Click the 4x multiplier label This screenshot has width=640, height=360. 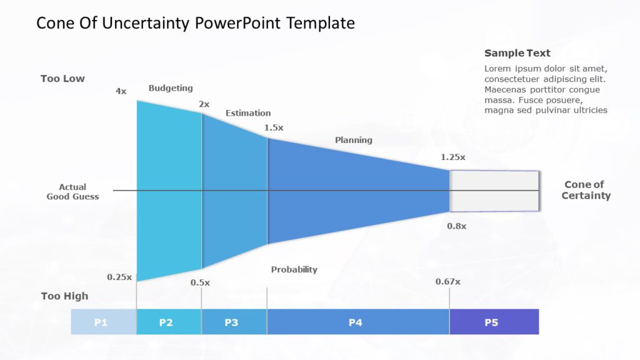click(x=121, y=91)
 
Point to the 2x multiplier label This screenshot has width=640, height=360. click(x=204, y=104)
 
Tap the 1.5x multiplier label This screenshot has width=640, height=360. click(x=274, y=127)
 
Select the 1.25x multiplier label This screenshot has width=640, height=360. click(x=454, y=157)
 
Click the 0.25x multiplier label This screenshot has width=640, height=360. click(x=119, y=277)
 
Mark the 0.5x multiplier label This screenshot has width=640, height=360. click(x=200, y=282)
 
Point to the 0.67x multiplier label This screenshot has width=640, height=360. click(x=448, y=281)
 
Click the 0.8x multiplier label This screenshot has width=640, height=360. click(x=456, y=226)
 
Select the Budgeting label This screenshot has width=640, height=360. click(x=171, y=88)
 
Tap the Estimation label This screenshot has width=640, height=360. click(x=248, y=113)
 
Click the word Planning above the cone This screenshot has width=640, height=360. click(x=353, y=140)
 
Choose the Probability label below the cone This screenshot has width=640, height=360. click(x=294, y=269)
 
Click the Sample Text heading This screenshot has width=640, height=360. click(x=517, y=53)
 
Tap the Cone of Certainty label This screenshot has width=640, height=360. click(x=585, y=190)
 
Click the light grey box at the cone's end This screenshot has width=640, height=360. click(x=494, y=191)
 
